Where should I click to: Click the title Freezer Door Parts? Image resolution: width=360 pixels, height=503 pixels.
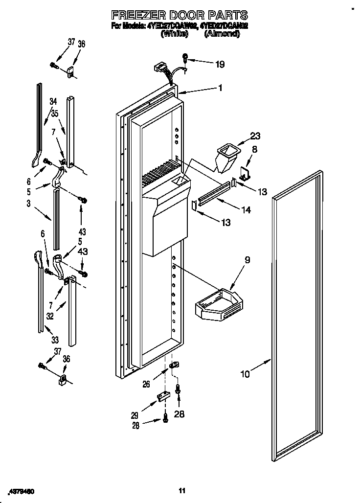point(180,15)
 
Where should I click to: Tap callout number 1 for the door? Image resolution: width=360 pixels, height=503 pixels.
point(221,88)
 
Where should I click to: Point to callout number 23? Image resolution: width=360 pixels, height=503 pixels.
point(256,137)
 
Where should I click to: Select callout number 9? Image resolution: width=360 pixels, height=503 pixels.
point(247,260)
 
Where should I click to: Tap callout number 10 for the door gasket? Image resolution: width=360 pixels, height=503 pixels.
point(245,374)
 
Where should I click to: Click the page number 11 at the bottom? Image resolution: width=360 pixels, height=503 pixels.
point(181,491)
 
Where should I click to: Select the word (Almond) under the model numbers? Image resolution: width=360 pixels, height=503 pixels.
point(222,34)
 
